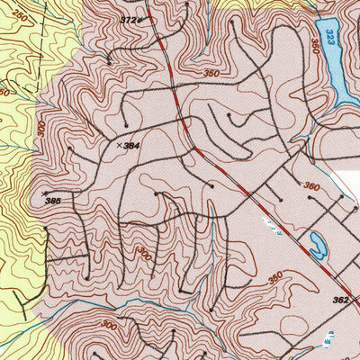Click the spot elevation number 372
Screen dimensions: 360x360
point(130,19)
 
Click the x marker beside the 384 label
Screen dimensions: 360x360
point(119,144)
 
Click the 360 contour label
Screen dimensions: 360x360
point(311,186)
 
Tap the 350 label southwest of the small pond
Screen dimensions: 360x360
point(275,276)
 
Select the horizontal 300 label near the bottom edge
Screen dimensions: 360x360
point(108,325)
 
